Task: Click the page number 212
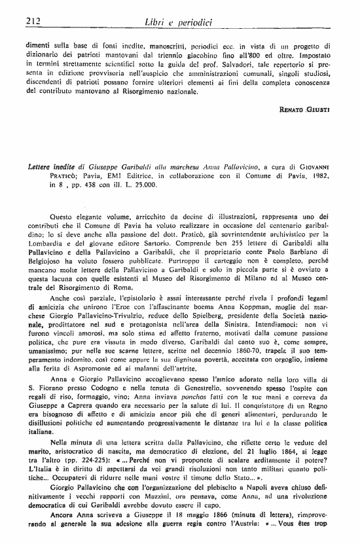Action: point(31,22)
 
